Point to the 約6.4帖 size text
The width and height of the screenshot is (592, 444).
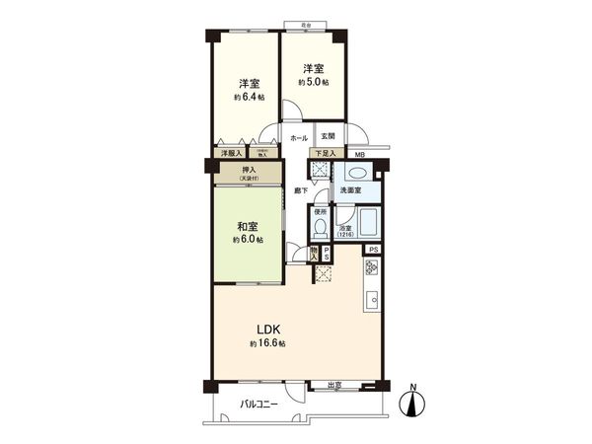pyautogui.click(x=250, y=98)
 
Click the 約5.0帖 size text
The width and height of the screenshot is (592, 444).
pyautogui.click(x=315, y=81)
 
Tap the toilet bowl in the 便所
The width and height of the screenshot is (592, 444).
pyautogui.click(x=319, y=229)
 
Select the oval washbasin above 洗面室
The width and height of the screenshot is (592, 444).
pyautogui.click(x=354, y=169)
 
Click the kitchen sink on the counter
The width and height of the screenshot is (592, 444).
pyautogui.click(x=373, y=300)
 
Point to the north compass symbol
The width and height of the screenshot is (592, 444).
pyautogui.click(x=413, y=404)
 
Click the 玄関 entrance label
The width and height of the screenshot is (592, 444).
pyautogui.click(x=328, y=136)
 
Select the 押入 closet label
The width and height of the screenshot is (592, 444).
pyautogui.click(x=250, y=171)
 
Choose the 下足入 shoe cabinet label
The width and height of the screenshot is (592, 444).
pyautogui.click(x=325, y=154)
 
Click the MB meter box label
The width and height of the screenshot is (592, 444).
pyautogui.click(x=360, y=155)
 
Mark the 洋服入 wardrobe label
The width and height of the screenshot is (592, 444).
pyautogui.click(x=231, y=154)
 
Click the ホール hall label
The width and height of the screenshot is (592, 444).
pyautogui.click(x=299, y=137)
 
